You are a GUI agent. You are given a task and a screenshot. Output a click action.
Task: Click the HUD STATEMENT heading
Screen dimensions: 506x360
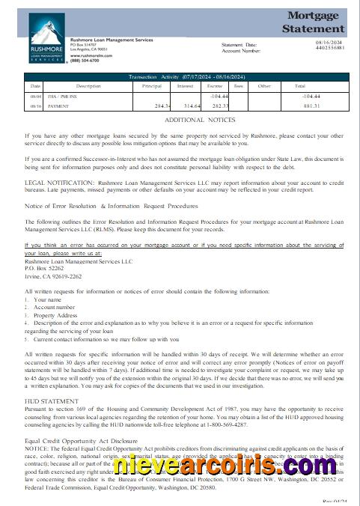click(x=51, y=401)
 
